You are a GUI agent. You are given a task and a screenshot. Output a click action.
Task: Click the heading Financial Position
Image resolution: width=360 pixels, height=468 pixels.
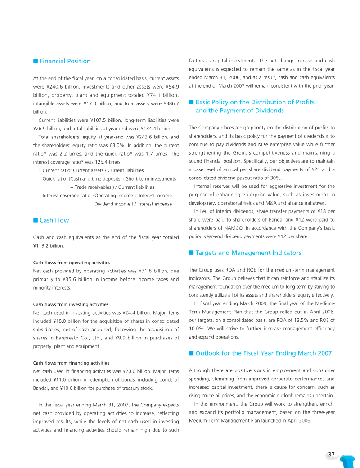click(65, 61)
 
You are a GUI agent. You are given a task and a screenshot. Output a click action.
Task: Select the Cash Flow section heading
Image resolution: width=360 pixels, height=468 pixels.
click(54, 220)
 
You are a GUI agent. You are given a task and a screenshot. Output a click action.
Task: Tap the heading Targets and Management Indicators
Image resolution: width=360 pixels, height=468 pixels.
click(248, 253)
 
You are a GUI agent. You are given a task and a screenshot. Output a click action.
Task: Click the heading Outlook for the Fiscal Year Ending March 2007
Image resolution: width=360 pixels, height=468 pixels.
click(263, 353)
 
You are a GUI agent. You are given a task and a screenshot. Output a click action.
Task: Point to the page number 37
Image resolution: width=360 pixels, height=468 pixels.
click(332, 455)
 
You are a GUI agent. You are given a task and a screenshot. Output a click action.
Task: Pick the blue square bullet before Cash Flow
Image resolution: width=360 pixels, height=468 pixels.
click(35, 220)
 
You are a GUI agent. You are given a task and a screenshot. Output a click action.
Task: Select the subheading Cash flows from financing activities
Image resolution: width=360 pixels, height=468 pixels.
click(71, 363)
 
